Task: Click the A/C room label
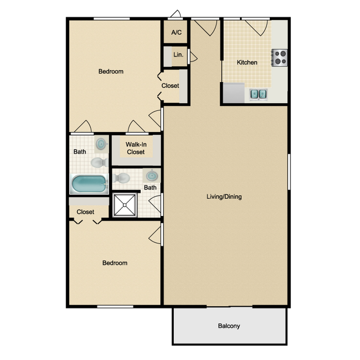177,33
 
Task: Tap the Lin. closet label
178,55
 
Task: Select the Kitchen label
247,63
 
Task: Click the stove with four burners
279,57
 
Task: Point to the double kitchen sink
259,94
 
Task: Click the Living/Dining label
224,197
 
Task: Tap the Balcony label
229,326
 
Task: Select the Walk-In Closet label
136,148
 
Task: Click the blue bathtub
89,184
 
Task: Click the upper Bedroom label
111,71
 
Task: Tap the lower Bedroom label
115,263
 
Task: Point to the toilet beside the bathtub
99,162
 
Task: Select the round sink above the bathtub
101,145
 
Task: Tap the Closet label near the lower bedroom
85,212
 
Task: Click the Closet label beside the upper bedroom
170,86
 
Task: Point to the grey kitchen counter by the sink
233,93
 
